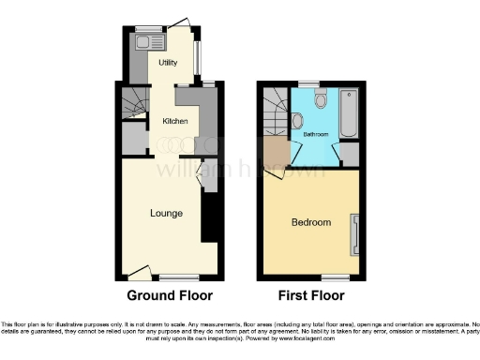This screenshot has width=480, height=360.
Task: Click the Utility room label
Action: [168, 63]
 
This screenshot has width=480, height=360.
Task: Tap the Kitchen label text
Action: [175, 121]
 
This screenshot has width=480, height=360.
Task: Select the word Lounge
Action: [166, 213]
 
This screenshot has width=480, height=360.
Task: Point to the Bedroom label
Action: [310, 222]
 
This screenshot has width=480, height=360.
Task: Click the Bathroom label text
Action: [315, 134]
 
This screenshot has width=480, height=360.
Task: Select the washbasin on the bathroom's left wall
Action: [296, 121]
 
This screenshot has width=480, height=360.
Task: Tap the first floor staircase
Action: [276, 111]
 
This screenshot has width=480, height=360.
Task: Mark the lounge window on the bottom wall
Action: [178, 277]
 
